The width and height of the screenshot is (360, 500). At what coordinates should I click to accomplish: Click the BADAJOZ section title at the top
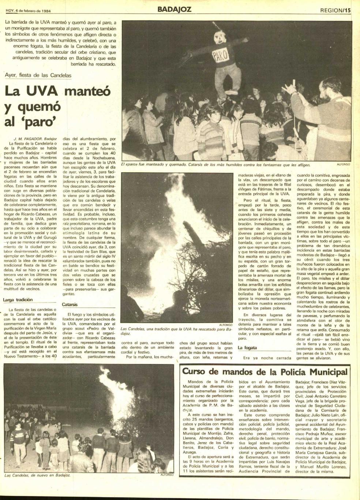tap(174, 9)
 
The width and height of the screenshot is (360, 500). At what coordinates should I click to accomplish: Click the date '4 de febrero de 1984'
tap(31, 10)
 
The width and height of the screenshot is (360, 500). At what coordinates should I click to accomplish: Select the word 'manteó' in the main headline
tap(87, 91)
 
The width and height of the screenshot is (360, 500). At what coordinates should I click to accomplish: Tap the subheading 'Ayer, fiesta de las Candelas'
tap(38, 75)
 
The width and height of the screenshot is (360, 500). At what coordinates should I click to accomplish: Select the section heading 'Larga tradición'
tap(18, 300)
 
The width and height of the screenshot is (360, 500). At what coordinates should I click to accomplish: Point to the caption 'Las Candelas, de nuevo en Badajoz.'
tap(37, 475)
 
